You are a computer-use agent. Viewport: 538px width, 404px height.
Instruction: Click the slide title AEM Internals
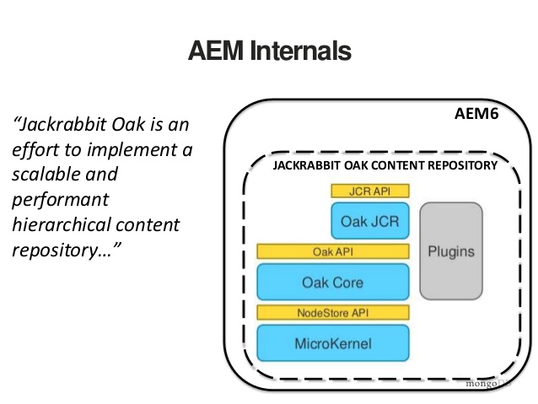269,51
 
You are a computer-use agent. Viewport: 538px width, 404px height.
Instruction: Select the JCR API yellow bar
370,191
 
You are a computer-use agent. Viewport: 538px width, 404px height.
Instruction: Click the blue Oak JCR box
370,222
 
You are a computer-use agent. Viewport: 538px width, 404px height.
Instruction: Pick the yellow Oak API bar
332,251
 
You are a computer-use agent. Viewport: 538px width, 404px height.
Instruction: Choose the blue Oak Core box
332,283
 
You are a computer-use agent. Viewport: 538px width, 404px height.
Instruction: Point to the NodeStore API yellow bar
332,313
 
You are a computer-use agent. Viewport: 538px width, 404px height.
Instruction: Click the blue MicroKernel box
332,343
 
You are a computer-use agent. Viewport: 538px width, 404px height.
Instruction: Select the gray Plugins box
451,251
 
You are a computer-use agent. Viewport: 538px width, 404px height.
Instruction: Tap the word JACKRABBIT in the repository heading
306,165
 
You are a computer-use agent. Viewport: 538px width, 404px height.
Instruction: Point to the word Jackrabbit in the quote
62,126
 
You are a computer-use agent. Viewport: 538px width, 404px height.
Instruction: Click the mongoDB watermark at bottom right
487,382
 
